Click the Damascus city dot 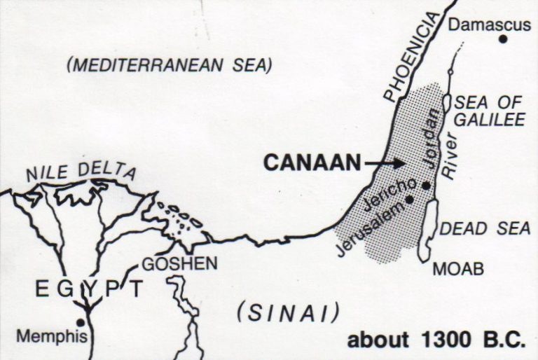click(503, 39)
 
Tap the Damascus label click(489, 25)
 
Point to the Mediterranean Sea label click(168, 66)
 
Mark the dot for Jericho click(426, 185)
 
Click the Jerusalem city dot click(409, 200)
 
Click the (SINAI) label click(288, 310)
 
